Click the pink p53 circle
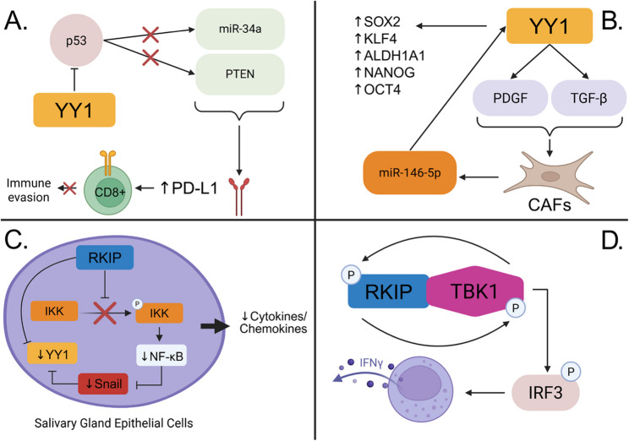[x=76, y=41]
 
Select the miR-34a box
[x=240, y=29]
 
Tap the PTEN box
[x=240, y=74]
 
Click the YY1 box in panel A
[x=74, y=110]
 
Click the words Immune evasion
[x=29, y=190]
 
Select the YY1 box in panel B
[x=550, y=26]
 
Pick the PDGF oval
[x=511, y=98]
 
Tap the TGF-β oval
[x=588, y=98]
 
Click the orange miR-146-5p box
[x=410, y=173]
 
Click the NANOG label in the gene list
[x=385, y=72]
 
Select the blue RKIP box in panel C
[x=105, y=258]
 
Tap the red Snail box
[x=103, y=384]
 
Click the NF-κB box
[x=161, y=355]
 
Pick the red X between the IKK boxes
[x=105, y=313]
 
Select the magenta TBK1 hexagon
[x=476, y=291]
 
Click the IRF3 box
[x=545, y=393]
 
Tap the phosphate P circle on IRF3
[x=571, y=372]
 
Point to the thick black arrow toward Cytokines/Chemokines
[x=215, y=326]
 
